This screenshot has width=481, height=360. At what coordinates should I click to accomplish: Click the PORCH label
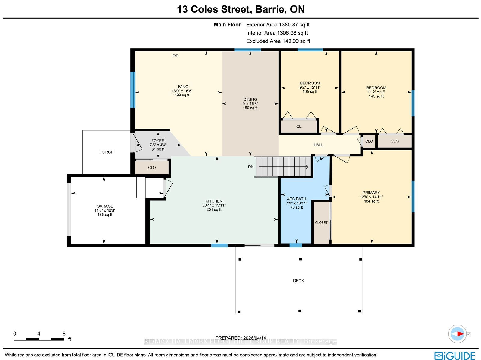(x=106, y=152)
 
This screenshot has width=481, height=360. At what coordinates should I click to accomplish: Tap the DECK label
(x=299, y=280)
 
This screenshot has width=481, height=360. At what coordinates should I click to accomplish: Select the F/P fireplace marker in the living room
(x=175, y=56)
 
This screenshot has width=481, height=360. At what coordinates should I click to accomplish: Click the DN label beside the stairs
(x=251, y=167)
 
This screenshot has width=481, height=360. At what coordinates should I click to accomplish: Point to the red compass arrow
(x=461, y=334)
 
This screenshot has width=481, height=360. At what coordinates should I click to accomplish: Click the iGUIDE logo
(x=455, y=355)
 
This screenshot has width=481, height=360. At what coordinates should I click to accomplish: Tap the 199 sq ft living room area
(x=182, y=95)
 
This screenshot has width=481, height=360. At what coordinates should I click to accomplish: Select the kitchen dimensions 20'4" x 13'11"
(x=214, y=205)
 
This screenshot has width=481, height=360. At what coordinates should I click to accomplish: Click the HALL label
(x=318, y=145)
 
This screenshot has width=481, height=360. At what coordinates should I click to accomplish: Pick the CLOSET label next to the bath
(x=321, y=223)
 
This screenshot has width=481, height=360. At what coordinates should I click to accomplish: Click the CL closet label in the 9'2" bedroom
(x=299, y=127)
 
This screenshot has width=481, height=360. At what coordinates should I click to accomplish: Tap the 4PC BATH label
(x=296, y=199)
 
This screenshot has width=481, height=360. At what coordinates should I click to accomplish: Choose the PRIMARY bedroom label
(x=371, y=193)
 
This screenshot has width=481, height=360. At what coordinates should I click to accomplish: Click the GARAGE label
(x=105, y=206)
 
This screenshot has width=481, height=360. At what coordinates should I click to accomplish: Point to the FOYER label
(x=158, y=141)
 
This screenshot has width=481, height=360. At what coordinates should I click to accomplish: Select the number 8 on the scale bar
(x=64, y=334)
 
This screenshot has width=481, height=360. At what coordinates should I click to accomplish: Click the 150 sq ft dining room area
(x=250, y=108)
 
